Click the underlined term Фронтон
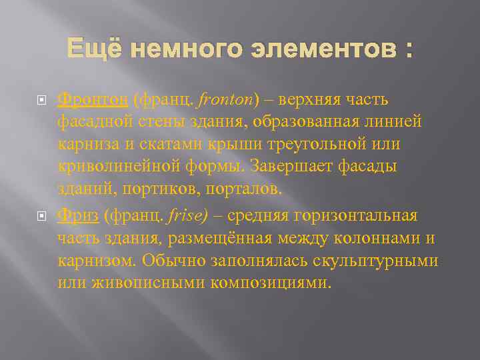click(x=93, y=99)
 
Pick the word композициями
click(x=269, y=283)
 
